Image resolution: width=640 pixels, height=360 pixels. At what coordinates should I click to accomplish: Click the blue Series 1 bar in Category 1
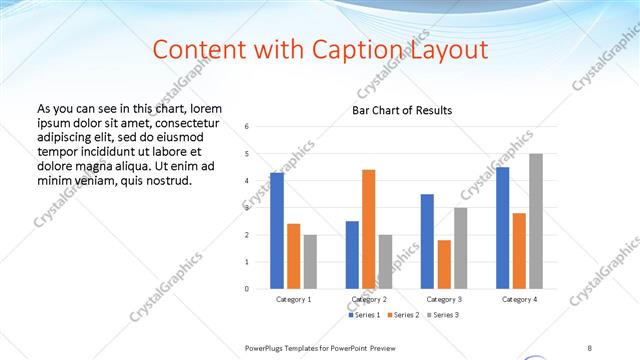[x=277, y=231]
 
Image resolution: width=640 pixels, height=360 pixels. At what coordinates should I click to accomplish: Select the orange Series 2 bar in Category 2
[x=369, y=229]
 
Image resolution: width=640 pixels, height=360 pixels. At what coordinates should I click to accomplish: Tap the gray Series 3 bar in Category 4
[x=536, y=221]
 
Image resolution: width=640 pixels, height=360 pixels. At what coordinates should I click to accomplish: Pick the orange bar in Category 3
[x=444, y=264]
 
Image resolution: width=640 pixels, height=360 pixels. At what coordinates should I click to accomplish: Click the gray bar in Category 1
[x=310, y=262]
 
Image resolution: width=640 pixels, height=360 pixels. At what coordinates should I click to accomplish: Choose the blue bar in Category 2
[x=352, y=255]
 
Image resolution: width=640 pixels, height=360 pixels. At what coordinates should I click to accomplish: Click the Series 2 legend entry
[x=402, y=315]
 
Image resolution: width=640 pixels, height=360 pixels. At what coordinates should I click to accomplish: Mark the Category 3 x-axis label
[x=444, y=299]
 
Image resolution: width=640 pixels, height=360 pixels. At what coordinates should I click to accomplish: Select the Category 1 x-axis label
[x=294, y=299]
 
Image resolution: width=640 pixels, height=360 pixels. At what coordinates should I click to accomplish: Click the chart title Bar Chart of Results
[x=402, y=110]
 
